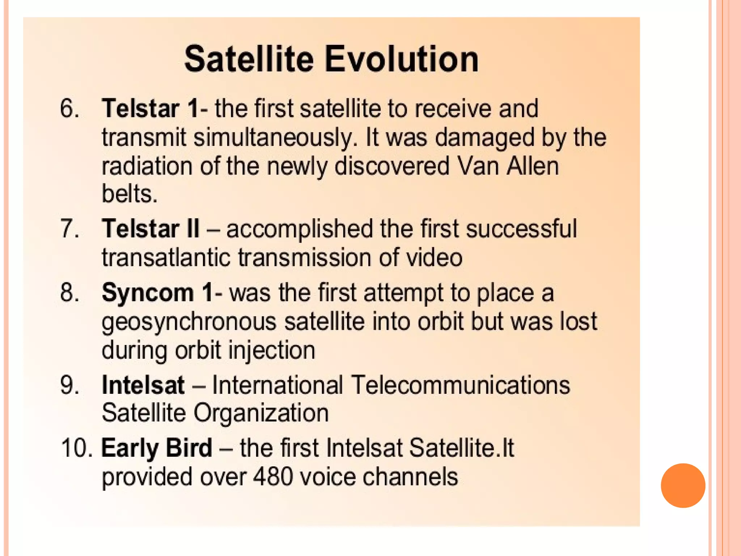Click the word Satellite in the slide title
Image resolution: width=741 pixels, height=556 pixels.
(249, 59)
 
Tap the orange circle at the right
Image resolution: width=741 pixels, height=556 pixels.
(683, 485)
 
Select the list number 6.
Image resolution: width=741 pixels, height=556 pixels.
(69, 108)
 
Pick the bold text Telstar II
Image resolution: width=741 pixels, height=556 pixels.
(151, 229)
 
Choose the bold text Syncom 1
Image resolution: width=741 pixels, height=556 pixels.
(158, 292)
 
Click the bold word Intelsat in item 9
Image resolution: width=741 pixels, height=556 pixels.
(143, 385)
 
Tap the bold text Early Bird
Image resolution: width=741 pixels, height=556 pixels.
(157, 448)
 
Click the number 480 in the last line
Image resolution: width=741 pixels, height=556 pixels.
(273, 477)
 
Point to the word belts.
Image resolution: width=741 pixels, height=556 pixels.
(129, 194)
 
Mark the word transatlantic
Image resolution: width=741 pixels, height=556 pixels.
(166, 258)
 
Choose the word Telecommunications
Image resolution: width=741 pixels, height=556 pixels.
(461, 385)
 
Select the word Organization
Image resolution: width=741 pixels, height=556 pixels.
(261, 413)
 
